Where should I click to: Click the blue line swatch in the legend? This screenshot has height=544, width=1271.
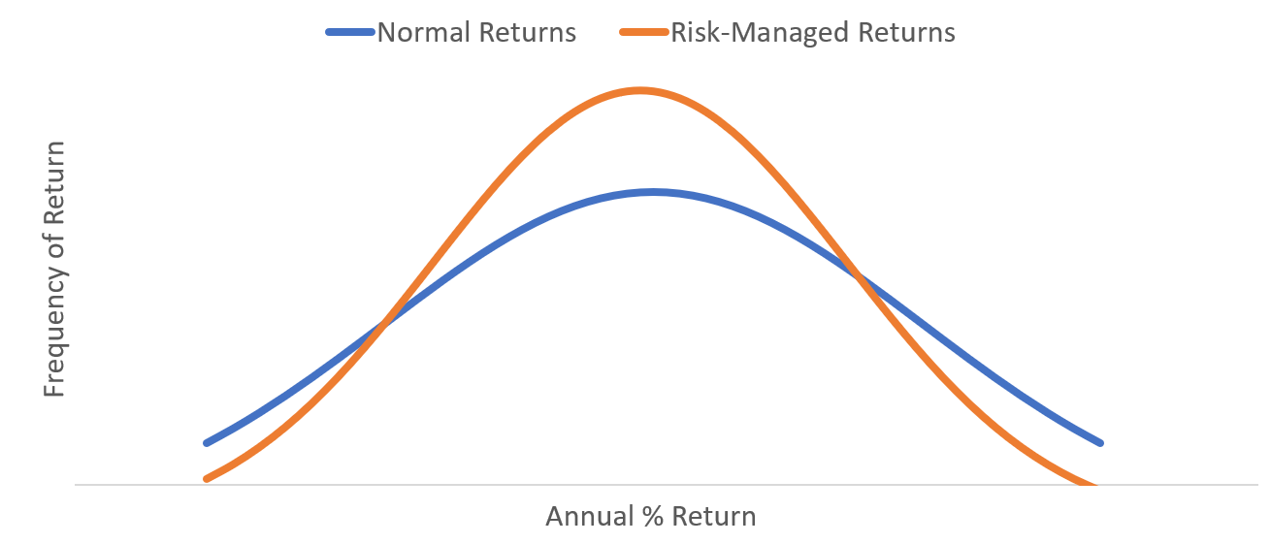(350, 32)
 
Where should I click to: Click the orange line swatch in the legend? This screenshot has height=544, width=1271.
(644, 32)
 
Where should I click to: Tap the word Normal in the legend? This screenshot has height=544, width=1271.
(424, 32)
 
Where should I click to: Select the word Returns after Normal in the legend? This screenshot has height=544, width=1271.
(527, 32)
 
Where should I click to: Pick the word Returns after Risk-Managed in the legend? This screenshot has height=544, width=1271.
(907, 32)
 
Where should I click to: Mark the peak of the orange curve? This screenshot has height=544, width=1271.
(639, 91)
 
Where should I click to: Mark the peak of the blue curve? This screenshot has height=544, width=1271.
(653, 193)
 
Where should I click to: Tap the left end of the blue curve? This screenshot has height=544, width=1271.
(207, 442)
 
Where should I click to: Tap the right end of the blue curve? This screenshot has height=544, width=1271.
(1100, 442)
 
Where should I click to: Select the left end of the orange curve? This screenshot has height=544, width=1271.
(207, 479)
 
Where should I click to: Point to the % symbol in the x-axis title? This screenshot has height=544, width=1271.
(653, 517)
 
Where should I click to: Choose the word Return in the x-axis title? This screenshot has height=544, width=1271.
(714, 517)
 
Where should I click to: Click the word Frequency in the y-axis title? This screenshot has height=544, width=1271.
(55, 335)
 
